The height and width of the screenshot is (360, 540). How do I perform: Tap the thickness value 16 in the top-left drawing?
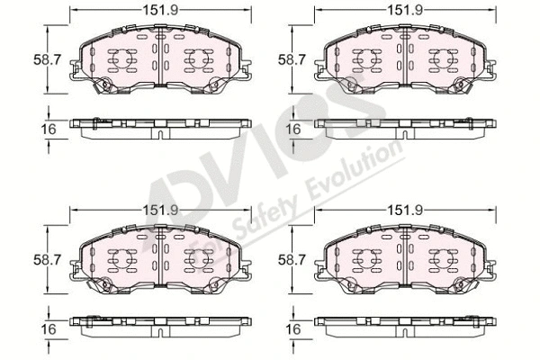49,129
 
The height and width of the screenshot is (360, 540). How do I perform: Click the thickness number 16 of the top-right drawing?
293,129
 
